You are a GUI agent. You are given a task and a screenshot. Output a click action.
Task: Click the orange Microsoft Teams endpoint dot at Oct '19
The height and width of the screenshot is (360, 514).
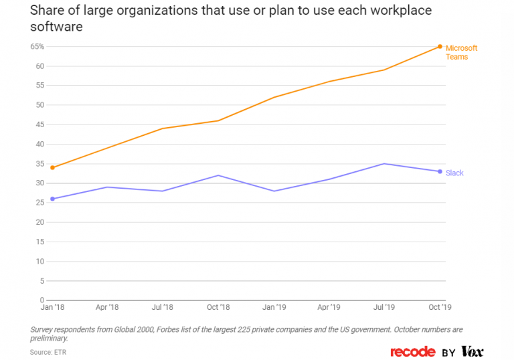440,46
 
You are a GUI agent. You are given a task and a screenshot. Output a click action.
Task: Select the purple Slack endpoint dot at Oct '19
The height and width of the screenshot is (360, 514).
440,171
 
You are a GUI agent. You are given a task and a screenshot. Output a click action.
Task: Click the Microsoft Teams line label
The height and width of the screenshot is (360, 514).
461,52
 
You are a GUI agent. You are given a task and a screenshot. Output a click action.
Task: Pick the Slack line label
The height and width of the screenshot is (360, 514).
454,173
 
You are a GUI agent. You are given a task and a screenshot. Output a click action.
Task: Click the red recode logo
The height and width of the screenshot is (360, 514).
413,351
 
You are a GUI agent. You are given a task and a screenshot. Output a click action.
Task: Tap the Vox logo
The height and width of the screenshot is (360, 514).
472,351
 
